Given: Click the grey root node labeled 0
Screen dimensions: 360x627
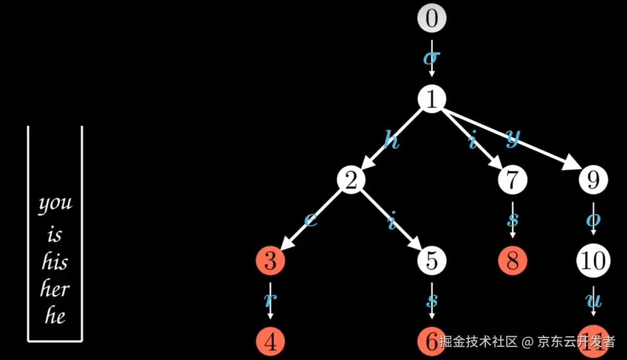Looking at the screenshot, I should (432, 18).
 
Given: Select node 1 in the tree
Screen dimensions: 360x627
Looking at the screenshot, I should (432, 99).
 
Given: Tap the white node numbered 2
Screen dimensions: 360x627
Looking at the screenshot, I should (351, 180).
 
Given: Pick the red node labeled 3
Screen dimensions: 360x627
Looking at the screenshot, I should (270, 261).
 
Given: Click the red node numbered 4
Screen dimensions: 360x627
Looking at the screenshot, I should (270, 342).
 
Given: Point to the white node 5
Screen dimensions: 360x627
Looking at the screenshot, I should (432, 261).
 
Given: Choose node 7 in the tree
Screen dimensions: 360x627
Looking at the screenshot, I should (512, 180).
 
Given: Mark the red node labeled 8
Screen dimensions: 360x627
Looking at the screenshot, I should (512, 261).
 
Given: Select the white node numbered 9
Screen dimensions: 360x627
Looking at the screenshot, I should (593, 180).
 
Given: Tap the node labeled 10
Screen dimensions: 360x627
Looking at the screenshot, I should (593, 261).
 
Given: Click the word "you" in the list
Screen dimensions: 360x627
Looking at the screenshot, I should (55, 204).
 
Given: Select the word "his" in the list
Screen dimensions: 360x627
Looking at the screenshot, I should (55, 262).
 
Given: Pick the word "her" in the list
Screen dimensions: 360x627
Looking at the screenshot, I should (55, 289).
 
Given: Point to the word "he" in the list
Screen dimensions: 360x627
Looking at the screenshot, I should (55, 316).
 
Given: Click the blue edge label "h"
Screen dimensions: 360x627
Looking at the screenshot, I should (391, 141).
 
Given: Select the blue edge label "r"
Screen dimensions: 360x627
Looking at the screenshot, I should (269, 300).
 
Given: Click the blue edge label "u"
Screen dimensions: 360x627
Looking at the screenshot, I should (594, 302).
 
